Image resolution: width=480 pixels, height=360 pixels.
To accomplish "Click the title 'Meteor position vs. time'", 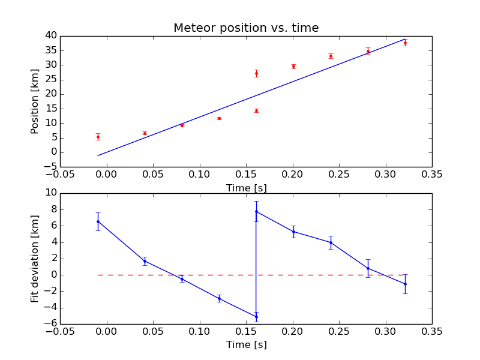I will point(246,28).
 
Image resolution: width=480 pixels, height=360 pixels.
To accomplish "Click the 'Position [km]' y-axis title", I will point(35,101).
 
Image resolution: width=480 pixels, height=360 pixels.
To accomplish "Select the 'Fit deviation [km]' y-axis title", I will point(35,258).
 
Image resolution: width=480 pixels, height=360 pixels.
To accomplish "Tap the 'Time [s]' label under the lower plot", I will point(246,345).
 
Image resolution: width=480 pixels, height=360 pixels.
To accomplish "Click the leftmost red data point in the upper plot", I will point(98,137).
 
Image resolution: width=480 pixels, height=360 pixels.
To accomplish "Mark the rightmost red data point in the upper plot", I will point(405,43).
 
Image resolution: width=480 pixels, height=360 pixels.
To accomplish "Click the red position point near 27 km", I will point(256,73).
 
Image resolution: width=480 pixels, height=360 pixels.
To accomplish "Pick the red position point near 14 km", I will point(256,110).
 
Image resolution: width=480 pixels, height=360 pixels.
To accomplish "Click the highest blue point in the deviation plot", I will point(256,211).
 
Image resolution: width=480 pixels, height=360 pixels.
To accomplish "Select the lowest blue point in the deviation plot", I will point(256,316).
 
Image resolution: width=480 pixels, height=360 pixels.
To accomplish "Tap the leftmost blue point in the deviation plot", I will point(98,221).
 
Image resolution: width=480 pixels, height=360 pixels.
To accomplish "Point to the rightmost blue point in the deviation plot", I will point(405,284).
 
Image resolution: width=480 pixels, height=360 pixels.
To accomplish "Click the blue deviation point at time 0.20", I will point(293,232).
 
